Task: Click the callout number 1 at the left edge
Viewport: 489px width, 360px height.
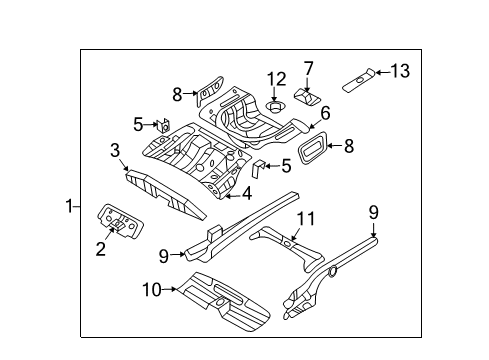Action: [x=69, y=206]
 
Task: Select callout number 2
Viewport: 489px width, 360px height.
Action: [x=101, y=249]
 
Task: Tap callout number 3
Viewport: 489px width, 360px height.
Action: [x=115, y=150]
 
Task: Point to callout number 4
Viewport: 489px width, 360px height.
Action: [x=247, y=193]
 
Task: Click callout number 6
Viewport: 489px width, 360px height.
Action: [x=325, y=113]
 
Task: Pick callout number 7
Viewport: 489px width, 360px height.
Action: [x=309, y=69]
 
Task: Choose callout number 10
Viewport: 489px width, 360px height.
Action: [x=152, y=290]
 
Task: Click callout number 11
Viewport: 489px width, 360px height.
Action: [x=306, y=219]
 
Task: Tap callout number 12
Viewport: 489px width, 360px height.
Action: [x=277, y=79]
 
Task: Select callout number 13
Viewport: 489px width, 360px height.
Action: [x=400, y=71]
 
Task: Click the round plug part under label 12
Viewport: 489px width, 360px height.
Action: [x=275, y=107]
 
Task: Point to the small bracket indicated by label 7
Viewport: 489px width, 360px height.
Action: [x=307, y=97]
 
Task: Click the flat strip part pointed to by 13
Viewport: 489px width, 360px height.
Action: [x=359, y=80]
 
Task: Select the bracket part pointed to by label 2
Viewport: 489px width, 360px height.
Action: [x=120, y=221]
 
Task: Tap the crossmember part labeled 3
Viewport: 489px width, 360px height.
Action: [x=166, y=195]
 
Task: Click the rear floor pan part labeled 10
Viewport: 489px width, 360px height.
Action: [x=224, y=301]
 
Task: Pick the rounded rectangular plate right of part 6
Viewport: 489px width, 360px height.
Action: [x=312, y=147]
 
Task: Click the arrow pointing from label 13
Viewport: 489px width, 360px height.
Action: [x=383, y=72]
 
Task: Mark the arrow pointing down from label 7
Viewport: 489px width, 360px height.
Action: [x=307, y=84]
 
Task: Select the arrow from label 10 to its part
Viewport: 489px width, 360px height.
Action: [x=169, y=289]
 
